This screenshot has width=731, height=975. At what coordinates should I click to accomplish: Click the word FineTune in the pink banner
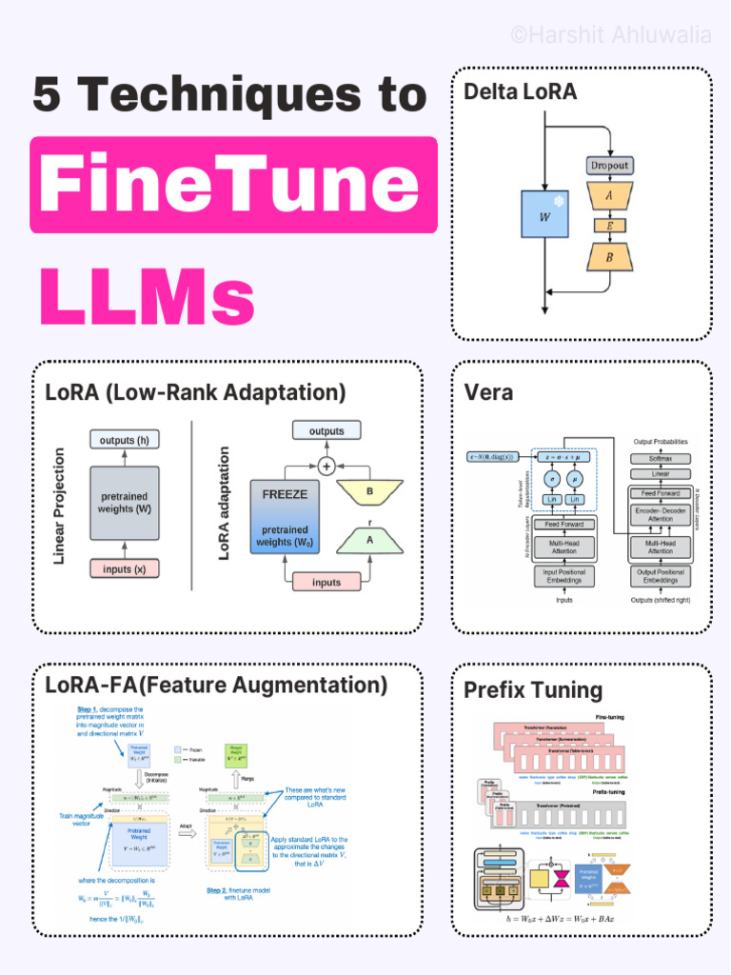[x=229, y=185]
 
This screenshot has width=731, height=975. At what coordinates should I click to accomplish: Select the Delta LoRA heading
[x=520, y=91]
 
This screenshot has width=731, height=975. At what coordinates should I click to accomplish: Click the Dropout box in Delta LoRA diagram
[x=609, y=165]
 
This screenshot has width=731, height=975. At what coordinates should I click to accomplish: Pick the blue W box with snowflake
[x=544, y=213]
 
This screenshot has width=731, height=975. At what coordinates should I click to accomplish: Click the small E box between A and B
[x=609, y=226]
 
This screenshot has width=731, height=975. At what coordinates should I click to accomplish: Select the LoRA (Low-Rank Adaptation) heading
[x=195, y=392]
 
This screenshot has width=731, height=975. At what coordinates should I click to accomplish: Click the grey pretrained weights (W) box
[x=124, y=503]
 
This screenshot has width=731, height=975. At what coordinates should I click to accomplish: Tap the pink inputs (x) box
[x=124, y=568]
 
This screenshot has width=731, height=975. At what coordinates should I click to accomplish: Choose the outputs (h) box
[x=124, y=439]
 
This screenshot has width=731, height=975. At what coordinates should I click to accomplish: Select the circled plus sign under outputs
[x=326, y=466]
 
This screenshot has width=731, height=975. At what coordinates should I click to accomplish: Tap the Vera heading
[x=488, y=392]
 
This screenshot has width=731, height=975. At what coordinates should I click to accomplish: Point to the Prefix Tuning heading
[x=532, y=690]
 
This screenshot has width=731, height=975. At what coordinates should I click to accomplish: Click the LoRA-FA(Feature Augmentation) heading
[x=216, y=686]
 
